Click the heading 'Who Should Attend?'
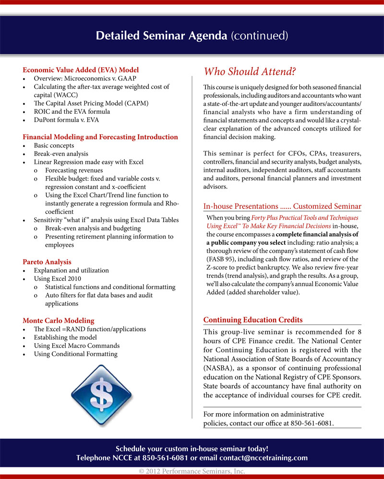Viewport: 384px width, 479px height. (250, 72)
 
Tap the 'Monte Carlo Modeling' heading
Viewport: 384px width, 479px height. (59, 320)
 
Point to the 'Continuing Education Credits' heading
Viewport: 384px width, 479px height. (253, 320)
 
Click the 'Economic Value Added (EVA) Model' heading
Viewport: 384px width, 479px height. (81, 70)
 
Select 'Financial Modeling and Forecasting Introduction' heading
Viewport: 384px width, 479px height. (100, 137)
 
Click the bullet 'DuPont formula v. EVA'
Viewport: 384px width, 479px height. (66, 120)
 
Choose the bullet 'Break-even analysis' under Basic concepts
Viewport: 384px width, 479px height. (61, 154)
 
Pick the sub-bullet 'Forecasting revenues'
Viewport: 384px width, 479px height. (74, 170)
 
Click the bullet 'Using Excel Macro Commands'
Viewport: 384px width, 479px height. (77, 346)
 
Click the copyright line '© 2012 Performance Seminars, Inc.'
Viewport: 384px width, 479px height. (192, 471)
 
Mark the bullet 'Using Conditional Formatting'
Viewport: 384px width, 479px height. (75, 354)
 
